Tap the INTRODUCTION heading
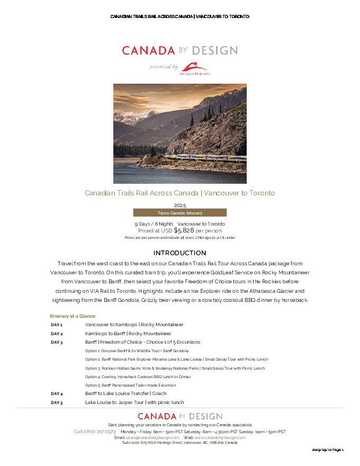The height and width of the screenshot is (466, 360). pos(179,253)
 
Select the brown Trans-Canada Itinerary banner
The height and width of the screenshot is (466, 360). pos(179,213)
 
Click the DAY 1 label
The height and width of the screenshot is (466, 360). pos(57,325)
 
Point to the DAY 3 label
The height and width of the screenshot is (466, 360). pos(57,342)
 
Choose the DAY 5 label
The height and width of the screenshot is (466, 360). pos(57,402)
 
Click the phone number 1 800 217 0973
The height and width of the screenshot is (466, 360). pos(95,432)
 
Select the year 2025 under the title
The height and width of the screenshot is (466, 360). pos(180,205)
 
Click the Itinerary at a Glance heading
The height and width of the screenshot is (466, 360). pos(73,316)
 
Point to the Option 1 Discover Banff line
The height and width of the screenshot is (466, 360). pos(137,351)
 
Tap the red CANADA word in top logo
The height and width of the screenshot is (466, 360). pos(148,51)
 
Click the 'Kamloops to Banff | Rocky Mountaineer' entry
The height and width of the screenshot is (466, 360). pos(128,334)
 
